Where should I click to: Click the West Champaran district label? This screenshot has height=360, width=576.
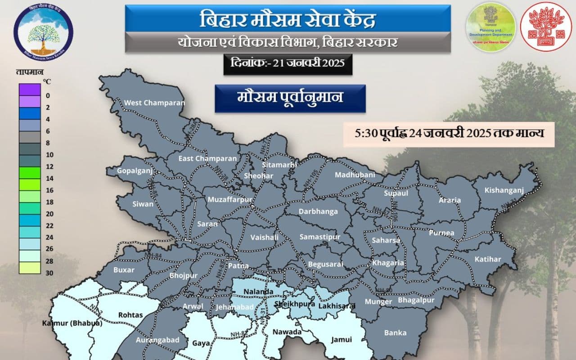(x=154, y=103)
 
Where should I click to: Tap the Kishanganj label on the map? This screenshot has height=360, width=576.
(x=504, y=190)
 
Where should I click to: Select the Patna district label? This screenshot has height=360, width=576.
(x=238, y=265)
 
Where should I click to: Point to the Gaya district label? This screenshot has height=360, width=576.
(x=201, y=343)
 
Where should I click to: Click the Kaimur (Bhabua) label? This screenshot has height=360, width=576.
(x=72, y=323)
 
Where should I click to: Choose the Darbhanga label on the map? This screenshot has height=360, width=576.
(x=318, y=211)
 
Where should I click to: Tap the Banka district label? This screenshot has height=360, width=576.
(x=395, y=333)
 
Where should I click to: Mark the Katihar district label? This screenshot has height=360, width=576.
(x=487, y=259)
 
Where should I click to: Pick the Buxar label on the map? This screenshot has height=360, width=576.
(x=124, y=270)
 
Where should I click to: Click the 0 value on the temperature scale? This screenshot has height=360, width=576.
(x=48, y=95)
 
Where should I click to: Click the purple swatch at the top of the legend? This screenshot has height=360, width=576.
(x=30, y=89)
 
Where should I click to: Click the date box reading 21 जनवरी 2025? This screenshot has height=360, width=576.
(x=288, y=63)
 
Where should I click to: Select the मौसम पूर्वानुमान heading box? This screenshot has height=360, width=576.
(x=290, y=98)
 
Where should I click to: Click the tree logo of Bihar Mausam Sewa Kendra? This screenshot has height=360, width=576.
(x=43, y=31)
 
